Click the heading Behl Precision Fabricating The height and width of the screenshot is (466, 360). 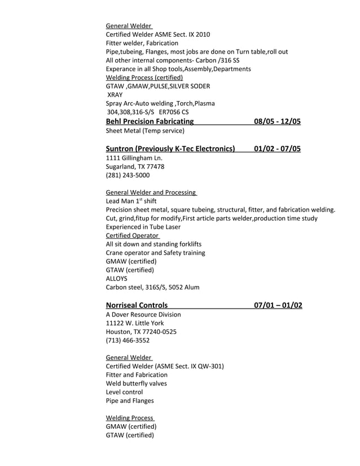[x=150, y=121]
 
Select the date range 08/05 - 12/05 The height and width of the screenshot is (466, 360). [x=277, y=121]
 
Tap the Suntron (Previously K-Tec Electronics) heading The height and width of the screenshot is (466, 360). [x=170, y=149]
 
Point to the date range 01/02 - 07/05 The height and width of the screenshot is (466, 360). [x=277, y=149]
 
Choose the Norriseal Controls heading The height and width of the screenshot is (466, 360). [x=137, y=305]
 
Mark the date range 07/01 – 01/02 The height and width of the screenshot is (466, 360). [x=278, y=305]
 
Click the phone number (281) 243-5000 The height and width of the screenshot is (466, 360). [x=128, y=175]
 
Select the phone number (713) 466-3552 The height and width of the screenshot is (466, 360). [x=128, y=340]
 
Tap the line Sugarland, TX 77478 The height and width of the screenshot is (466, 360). [x=135, y=166]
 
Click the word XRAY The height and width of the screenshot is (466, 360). [x=115, y=95]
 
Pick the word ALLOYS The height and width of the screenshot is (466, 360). [x=117, y=278]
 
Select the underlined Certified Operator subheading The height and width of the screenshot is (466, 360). [x=133, y=235]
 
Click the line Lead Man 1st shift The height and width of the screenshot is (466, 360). [x=131, y=201]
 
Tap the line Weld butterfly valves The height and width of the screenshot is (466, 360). [x=136, y=383]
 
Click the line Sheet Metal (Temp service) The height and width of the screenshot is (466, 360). [x=145, y=131]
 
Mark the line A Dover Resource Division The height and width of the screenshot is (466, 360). [x=143, y=314]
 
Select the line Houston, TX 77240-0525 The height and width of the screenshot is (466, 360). [x=141, y=332]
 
